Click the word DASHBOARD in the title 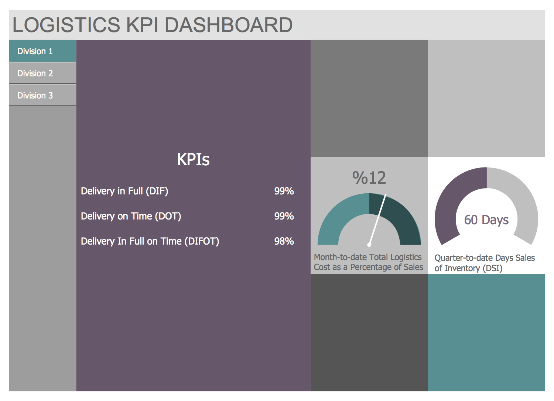pos(228,25)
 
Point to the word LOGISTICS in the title pos(66,25)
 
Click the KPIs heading pos(193,159)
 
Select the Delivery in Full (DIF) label pos(124,191)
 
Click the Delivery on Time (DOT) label pos(131,216)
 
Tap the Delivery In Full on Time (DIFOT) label pos(150,241)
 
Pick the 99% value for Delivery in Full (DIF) pos(284,191)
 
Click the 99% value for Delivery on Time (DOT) pos(284,216)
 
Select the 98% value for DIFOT pos(284,241)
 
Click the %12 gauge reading pos(369,178)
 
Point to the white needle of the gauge pos(377,219)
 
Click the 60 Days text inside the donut pos(486,220)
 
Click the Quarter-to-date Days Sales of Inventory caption pos(485,263)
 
